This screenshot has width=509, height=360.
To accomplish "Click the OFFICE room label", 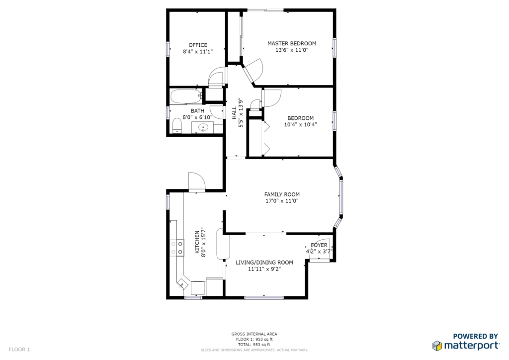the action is point(198,45).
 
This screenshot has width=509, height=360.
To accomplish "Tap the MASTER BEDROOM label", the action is point(291,43).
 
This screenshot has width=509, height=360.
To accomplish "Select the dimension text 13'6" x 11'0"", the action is point(291,50).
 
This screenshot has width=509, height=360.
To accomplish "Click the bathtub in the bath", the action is point(186,96).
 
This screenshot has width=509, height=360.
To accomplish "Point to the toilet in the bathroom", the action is point(177,126).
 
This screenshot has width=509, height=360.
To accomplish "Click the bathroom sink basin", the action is point(203,128).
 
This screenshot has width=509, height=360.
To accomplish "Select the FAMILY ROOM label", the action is point(282,194).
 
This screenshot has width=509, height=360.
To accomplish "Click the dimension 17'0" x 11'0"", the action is point(282,201).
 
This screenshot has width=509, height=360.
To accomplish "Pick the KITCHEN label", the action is point(197,242).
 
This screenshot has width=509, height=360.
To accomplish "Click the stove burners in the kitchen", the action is point(177,248).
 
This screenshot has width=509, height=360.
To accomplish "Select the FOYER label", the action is point(319,245).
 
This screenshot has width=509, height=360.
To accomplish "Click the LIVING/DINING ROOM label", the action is point(264,263).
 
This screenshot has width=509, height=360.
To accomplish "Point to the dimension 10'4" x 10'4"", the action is point(300,124).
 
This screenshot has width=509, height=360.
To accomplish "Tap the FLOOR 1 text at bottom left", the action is point(19,350).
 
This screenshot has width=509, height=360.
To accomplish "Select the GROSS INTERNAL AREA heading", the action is point(254,334).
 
